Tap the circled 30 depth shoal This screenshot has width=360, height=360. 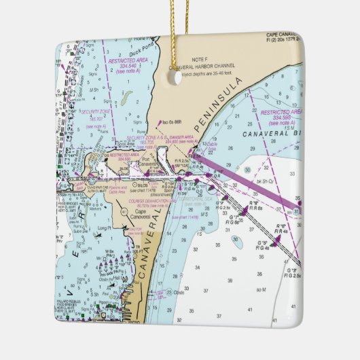tap(236, 240)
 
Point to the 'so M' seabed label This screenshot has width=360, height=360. tap(261, 289)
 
